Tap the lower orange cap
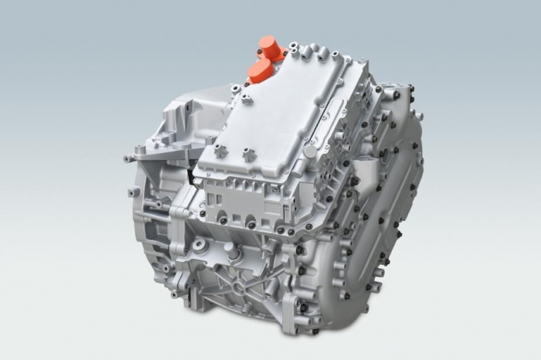tap(260, 71)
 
